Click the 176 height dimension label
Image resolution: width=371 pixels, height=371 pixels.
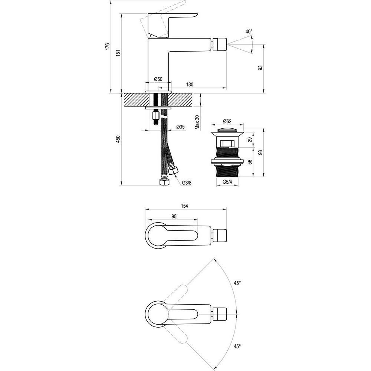pos(107,46)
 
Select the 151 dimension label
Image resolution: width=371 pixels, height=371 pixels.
pos(118,53)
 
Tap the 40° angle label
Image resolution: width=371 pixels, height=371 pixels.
pos(249,32)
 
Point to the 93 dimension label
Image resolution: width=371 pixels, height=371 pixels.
pos(260,68)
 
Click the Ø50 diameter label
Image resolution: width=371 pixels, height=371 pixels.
pos(158,79)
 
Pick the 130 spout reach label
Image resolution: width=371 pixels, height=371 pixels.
pos(190,85)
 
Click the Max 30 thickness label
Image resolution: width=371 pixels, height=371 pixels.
pos(197,122)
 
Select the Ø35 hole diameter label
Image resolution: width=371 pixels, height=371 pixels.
pos(181,127)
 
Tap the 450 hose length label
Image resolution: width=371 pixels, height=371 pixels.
pos(118,139)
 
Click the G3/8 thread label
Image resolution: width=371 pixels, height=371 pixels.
pos(187,183)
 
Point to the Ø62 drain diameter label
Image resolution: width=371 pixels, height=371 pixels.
pos(227,121)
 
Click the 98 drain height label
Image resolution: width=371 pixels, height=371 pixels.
pos(260,152)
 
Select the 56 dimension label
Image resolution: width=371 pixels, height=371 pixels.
pos(250,162)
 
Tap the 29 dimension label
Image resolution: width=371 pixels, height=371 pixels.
pos(250,139)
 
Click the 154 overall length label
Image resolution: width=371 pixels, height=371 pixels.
pos(184,206)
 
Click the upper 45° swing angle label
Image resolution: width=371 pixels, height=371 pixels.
pos(237,283)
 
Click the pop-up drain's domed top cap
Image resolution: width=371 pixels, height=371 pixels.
pos(227,130)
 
